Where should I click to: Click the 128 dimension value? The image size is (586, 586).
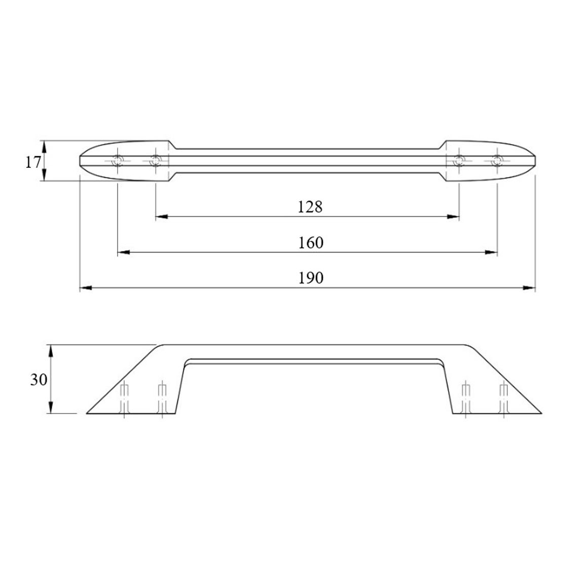(309, 207)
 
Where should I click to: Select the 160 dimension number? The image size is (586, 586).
(311, 243)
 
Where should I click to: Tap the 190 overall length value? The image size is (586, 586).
(311, 278)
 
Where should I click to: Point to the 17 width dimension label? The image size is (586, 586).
(32, 162)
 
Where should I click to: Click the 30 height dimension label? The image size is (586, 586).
(39, 380)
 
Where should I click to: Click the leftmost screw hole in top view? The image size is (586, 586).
(118, 161)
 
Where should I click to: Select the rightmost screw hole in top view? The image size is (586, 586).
(497, 161)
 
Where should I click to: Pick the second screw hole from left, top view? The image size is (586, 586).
(155, 161)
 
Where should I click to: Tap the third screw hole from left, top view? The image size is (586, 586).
(459, 161)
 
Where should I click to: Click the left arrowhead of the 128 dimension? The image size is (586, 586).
(161, 216)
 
